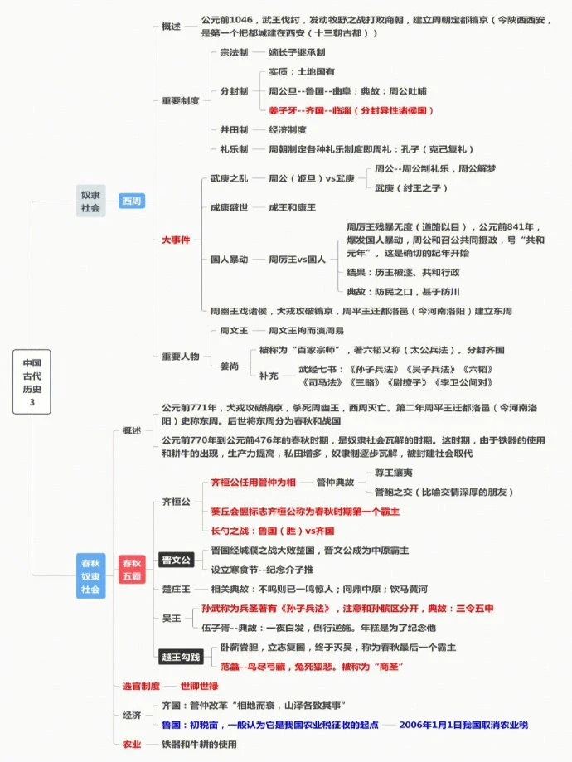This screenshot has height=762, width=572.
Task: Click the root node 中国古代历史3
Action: (32, 382)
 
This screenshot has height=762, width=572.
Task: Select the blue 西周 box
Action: (132, 201)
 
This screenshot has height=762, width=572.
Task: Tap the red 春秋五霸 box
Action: (132, 570)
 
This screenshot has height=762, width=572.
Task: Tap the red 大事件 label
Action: (176, 240)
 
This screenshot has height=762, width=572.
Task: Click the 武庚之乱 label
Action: (230, 178)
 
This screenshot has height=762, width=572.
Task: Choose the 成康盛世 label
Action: (230, 207)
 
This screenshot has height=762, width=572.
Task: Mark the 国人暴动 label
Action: (230, 260)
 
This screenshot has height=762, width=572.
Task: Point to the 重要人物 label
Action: (180, 357)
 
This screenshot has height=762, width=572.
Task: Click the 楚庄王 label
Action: (177, 589)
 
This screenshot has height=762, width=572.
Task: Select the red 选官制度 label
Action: (141, 686)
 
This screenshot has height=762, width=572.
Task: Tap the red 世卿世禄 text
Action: (200, 686)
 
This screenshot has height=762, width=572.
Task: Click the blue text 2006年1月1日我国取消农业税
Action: (463, 725)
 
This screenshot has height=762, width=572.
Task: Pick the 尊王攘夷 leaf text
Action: (394, 472)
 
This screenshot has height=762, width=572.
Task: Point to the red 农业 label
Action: (132, 744)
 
